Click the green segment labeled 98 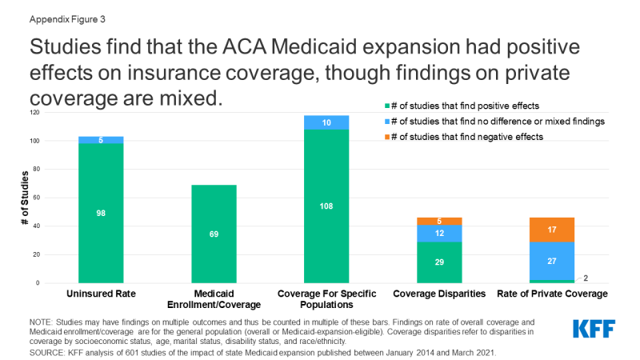[101, 213]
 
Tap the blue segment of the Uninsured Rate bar [101, 140]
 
